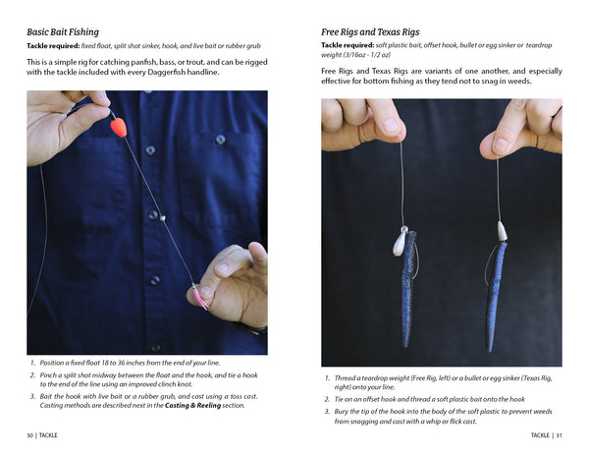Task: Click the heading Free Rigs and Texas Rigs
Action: [x=378, y=31]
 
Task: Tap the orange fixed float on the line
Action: [x=119, y=127]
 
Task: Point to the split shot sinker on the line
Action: [x=163, y=219]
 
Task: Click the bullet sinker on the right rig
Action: [x=501, y=232]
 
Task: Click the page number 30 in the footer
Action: [x=32, y=434]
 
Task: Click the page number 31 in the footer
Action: [x=558, y=434]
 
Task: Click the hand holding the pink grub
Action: [x=234, y=285]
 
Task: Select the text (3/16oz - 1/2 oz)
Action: [x=359, y=57]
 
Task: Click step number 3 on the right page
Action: [x=327, y=410]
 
